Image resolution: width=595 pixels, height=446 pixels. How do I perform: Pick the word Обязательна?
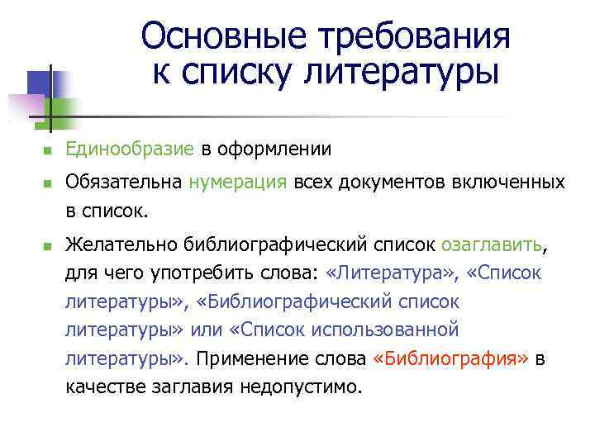click(124, 182)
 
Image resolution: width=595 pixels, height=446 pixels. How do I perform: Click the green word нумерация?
click(237, 182)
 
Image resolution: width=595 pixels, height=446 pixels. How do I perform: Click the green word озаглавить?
click(493, 244)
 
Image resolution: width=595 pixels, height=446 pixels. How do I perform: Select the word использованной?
click(395, 330)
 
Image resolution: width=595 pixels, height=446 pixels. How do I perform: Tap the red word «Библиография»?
click(451, 359)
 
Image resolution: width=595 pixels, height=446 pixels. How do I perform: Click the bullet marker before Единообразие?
click(48, 151)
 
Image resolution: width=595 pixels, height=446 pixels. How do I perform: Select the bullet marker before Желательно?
click(48, 246)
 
